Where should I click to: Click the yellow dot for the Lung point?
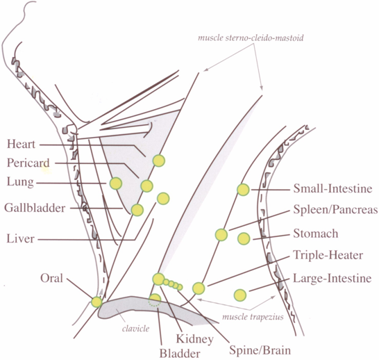click(116, 183)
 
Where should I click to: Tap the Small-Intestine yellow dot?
click(243, 190)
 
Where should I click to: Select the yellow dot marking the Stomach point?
click(244, 238)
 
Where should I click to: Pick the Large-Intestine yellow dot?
click(240, 295)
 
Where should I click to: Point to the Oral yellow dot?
click(96, 302)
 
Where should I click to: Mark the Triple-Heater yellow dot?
click(199, 288)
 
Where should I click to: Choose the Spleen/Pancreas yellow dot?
click(221, 235)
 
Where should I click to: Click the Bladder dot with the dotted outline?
click(155, 300)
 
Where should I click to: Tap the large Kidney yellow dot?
click(158, 279)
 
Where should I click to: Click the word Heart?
click(22, 144)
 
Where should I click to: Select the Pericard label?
click(28, 163)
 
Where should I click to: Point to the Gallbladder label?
click(35, 208)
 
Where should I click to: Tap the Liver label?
click(20, 238)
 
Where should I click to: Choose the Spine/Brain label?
click(260, 350)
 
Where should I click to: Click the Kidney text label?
click(195, 339)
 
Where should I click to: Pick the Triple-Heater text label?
click(328, 256)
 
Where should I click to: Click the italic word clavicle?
click(135, 329)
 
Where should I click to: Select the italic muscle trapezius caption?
click(253, 317)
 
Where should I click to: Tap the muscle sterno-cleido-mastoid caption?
click(251, 38)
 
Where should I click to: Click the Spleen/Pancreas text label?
click(335, 209)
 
